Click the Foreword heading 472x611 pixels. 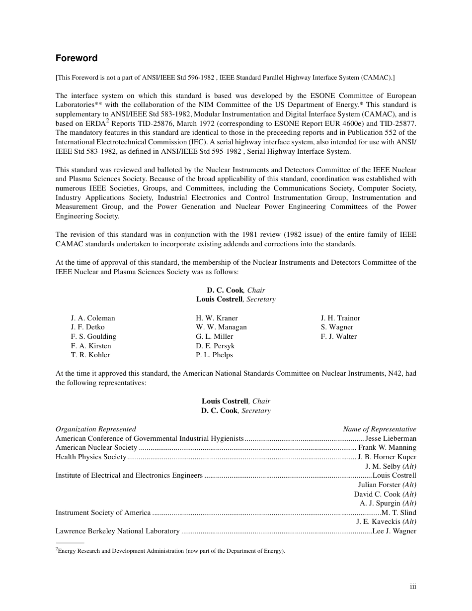pos(77,58)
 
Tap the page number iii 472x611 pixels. pos(413,587)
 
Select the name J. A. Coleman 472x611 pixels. pos(93,318)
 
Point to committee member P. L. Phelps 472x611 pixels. pos(214,355)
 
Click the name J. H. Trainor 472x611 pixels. pos(340,318)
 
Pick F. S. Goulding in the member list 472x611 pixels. pos(93,336)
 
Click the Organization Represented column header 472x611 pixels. pos(95,429)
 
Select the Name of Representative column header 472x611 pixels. pos(379,429)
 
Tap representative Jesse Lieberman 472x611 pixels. pos(391,438)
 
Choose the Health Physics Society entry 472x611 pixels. pos(91,457)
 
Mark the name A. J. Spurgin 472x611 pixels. pos(380,503)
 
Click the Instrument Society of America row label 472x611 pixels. pos(103,512)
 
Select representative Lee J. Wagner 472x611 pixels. pos(394,531)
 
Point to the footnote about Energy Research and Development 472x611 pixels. pos(170,551)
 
